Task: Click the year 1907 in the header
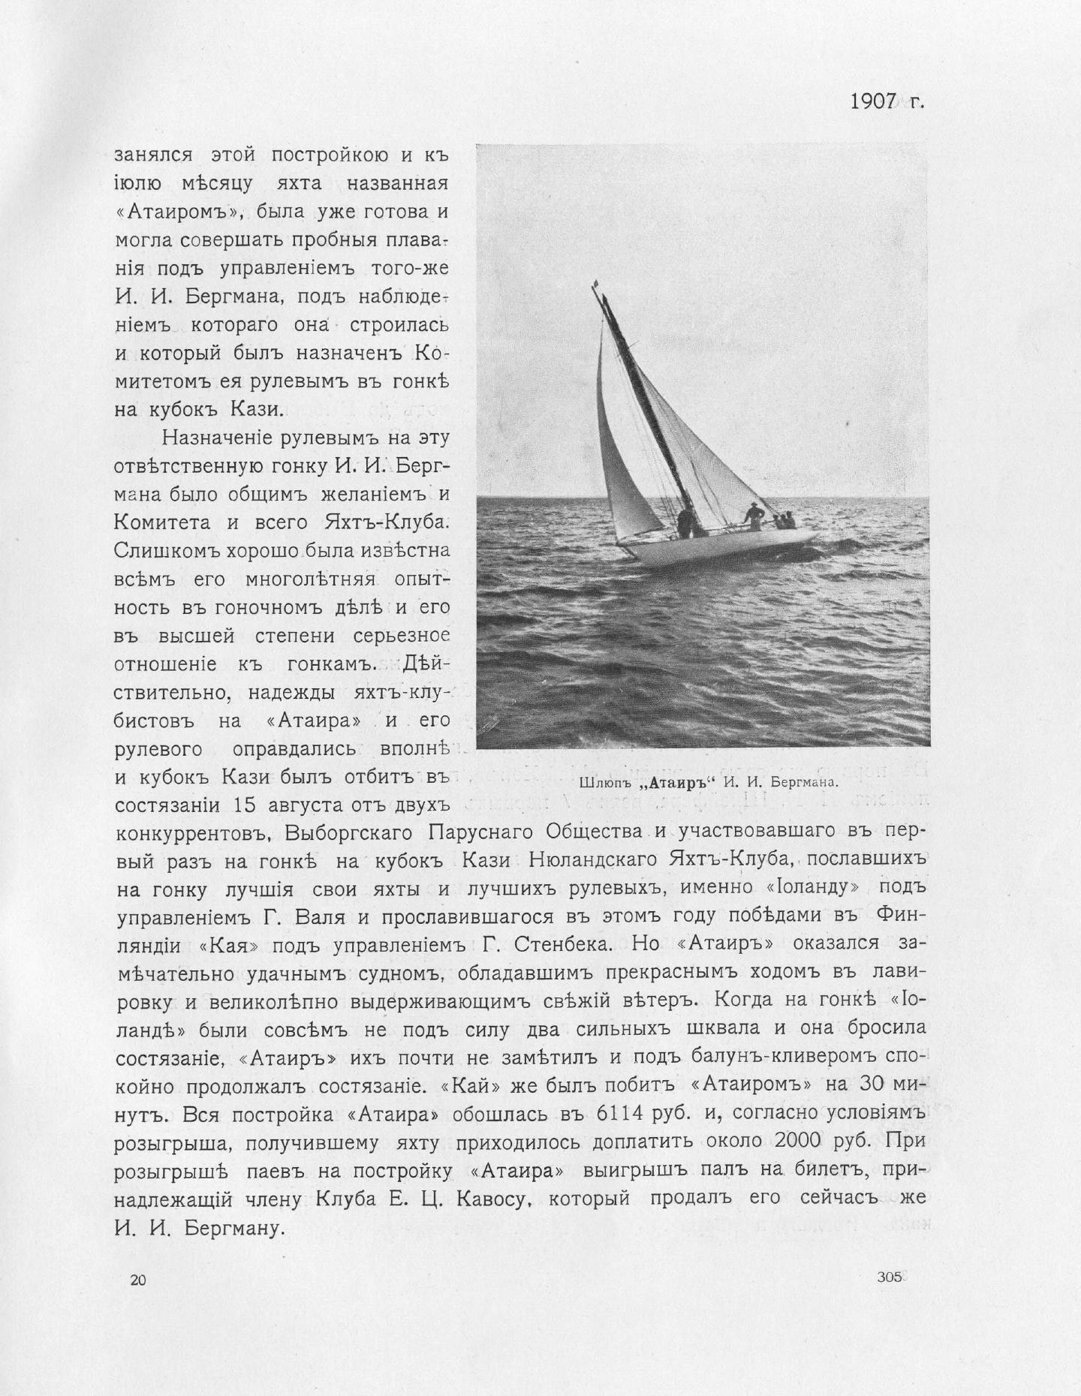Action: point(874,101)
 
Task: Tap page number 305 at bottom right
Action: point(889,1277)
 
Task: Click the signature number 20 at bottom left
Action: point(137,1280)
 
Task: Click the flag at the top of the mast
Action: point(595,284)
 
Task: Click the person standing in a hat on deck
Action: point(752,513)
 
